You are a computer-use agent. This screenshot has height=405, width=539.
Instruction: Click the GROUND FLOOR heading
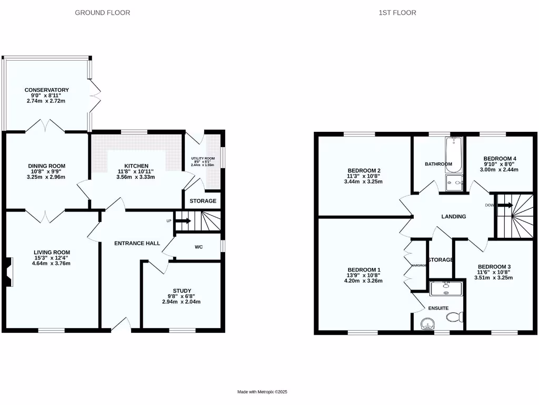click(103, 12)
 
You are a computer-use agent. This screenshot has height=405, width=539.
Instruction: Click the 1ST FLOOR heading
click(397, 12)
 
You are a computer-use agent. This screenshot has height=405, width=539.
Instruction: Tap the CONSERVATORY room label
click(47, 90)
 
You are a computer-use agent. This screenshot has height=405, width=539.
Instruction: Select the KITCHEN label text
click(136, 166)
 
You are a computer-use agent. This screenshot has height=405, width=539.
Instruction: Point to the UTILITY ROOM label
click(203, 159)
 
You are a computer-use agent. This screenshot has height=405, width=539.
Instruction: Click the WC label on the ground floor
click(199, 247)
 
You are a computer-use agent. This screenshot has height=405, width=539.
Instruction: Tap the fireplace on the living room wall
click(9, 272)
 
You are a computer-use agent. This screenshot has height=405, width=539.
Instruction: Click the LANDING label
click(454, 216)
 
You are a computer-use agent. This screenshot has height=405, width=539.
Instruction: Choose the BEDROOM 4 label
click(500, 159)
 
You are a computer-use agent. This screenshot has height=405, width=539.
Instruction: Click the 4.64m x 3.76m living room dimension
click(51, 264)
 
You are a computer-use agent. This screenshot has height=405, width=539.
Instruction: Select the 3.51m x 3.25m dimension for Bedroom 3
click(493, 277)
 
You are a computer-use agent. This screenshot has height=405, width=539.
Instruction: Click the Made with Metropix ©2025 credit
click(262, 392)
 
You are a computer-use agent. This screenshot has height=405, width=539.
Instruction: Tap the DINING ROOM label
click(47, 166)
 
